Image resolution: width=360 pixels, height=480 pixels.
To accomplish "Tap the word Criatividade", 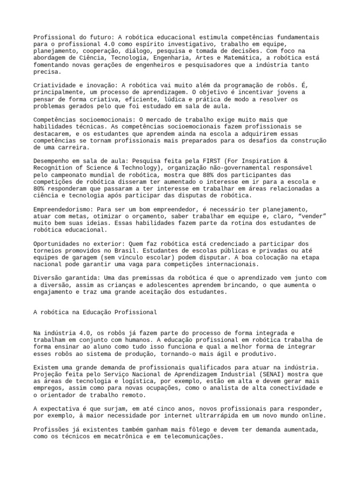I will pyautogui.click(x=56, y=85).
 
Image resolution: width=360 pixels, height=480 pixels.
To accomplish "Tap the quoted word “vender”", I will pyautogui.click(x=311, y=216).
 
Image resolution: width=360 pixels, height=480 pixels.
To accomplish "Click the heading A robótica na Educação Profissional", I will pyautogui.click(x=95, y=312).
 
